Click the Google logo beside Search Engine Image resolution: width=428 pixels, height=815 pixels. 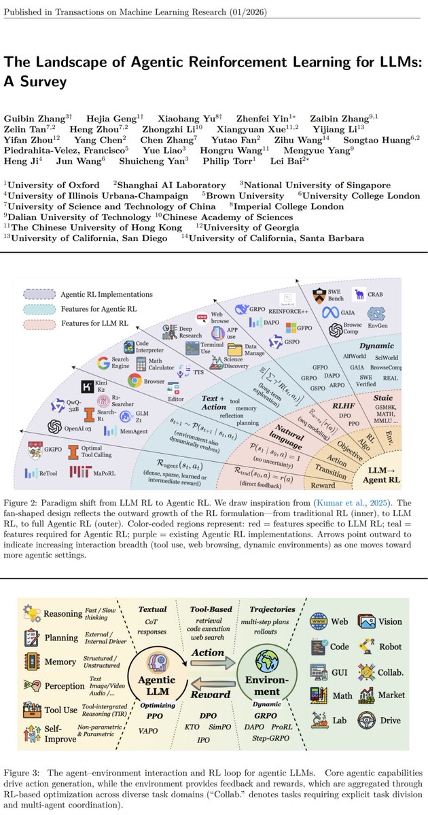(x=103, y=363)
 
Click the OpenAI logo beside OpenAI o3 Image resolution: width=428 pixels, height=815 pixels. (x=56, y=427)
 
